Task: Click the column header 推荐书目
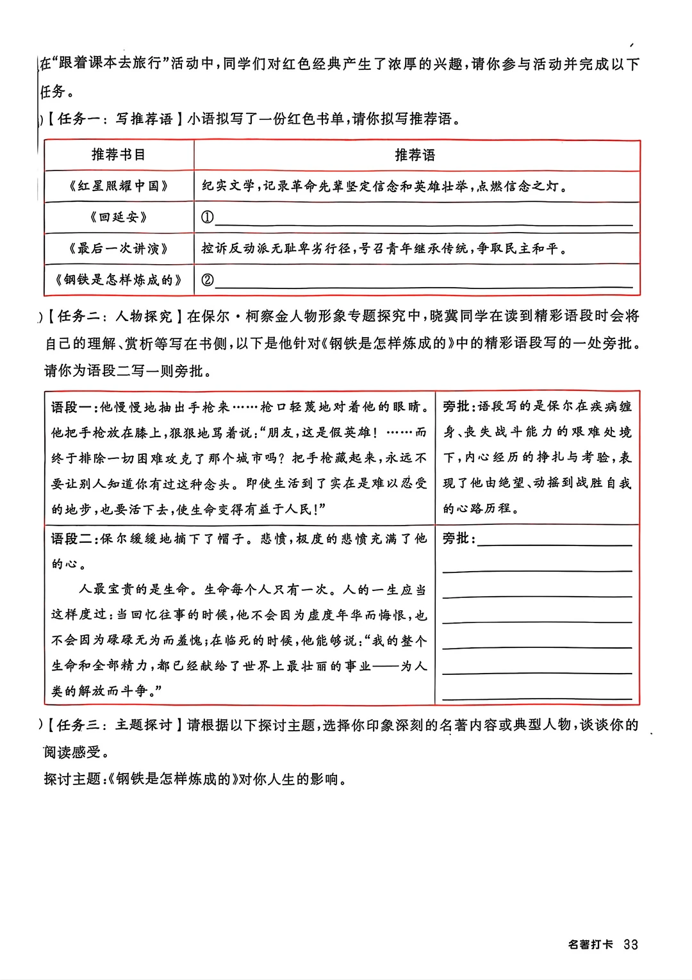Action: pos(119,154)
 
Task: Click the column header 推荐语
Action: pos(415,155)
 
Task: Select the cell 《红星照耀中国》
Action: pos(119,186)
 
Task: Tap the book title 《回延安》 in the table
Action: pos(119,217)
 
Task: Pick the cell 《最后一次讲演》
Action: pos(119,248)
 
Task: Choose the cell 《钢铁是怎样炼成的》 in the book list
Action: pos(119,279)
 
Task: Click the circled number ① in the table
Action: pos(207,217)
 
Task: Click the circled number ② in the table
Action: pos(207,279)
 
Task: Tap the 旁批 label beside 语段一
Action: pos(457,406)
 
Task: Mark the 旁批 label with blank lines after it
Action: pos(457,538)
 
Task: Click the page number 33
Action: pos(630,944)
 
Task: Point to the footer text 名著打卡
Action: pos(590,944)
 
